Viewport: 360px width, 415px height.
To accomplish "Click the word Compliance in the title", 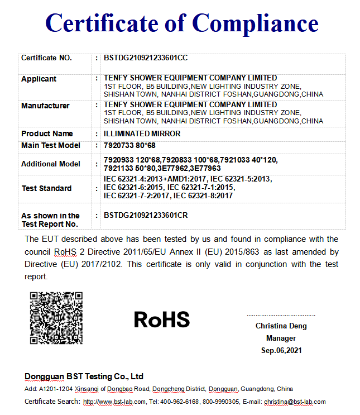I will pyautogui.click(x=255, y=23).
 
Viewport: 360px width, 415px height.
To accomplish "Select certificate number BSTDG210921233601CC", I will pyautogui.click(x=146, y=58).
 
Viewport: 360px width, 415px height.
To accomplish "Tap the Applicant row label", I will pyautogui.click(x=39, y=79).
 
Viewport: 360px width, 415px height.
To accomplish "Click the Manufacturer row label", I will pyautogui.click(x=45, y=106).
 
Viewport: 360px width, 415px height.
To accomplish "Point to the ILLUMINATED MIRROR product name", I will pyautogui.click(x=142, y=134).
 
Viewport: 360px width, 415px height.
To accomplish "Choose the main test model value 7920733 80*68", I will pyautogui.click(x=131, y=146).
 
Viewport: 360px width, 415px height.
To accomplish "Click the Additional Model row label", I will pyautogui.click(x=51, y=164).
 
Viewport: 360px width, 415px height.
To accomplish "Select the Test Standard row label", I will pyautogui.click(x=46, y=188).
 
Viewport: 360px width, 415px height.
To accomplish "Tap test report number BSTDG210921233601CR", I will pyautogui.click(x=146, y=216).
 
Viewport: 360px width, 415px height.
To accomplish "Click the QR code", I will pyautogui.click(x=56, y=317).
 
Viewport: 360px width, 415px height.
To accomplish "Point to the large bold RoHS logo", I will pyautogui.click(x=162, y=319).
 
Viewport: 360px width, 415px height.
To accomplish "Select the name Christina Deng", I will pyautogui.click(x=281, y=326).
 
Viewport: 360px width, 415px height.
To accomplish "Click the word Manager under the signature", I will pyautogui.click(x=281, y=338).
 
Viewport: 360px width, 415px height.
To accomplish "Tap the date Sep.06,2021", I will pyautogui.click(x=281, y=350).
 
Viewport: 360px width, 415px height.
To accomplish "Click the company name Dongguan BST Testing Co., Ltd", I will pyautogui.click(x=84, y=376).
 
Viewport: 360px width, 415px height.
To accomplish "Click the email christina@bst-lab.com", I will pyautogui.click(x=295, y=402).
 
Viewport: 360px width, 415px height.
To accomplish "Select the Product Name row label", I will pyautogui.click(x=47, y=134).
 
